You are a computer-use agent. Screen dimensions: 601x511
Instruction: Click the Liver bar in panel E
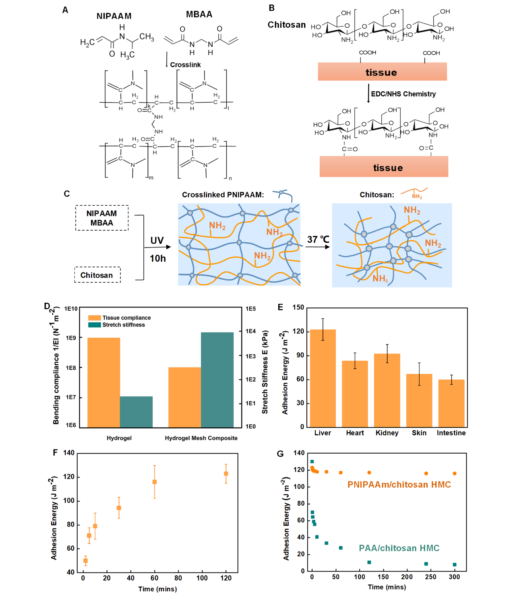(x=323, y=378)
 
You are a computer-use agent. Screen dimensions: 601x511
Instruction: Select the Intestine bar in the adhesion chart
(x=451, y=403)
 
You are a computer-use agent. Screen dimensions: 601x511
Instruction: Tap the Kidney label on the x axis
(x=387, y=433)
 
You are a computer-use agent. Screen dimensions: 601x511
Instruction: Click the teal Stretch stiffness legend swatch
(x=95, y=325)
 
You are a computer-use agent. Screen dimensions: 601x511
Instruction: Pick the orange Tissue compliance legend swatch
(x=95, y=318)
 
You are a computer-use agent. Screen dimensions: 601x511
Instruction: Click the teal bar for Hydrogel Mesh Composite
(x=217, y=380)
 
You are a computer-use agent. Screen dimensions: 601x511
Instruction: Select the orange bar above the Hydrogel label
(x=103, y=382)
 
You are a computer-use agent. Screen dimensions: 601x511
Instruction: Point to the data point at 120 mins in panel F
(x=226, y=473)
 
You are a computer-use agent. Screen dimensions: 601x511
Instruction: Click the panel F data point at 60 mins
(x=154, y=482)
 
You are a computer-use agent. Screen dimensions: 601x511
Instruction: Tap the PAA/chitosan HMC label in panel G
(x=399, y=548)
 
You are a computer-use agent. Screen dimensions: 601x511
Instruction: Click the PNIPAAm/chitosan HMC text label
(x=399, y=485)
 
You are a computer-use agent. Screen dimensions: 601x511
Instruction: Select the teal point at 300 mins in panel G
(x=455, y=564)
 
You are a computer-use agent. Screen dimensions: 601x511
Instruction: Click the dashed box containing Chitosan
(x=97, y=275)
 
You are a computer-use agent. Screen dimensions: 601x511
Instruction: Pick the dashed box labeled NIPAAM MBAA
(x=102, y=218)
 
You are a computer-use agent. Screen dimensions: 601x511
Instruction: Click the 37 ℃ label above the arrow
(x=318, y=240)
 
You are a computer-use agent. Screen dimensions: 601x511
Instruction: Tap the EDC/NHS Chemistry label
(x=403, y=94)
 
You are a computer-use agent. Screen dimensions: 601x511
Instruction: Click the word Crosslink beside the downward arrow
(x=185, y=65)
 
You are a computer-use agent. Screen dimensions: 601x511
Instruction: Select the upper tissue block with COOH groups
(x=382, y=72)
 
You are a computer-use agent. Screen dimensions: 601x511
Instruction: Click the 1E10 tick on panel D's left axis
(x=71, y=309)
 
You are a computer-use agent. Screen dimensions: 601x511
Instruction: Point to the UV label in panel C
(x=157, y=241)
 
